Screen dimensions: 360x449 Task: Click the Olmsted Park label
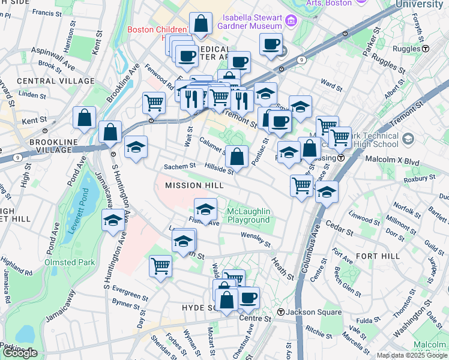pyautogui.click(x=69, y=262)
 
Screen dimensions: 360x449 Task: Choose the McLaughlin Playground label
pyautogui.click(x=249, y=215)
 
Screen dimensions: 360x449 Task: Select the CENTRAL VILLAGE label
pyautogui.click(x=56, y=81)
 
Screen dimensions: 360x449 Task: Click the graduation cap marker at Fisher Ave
pyautogui.click(x=205, y=210)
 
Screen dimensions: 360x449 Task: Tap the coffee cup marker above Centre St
pyautogui.click(x=247, y=297)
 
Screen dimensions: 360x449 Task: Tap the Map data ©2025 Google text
pyautogui.click(x=411, y=355)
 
